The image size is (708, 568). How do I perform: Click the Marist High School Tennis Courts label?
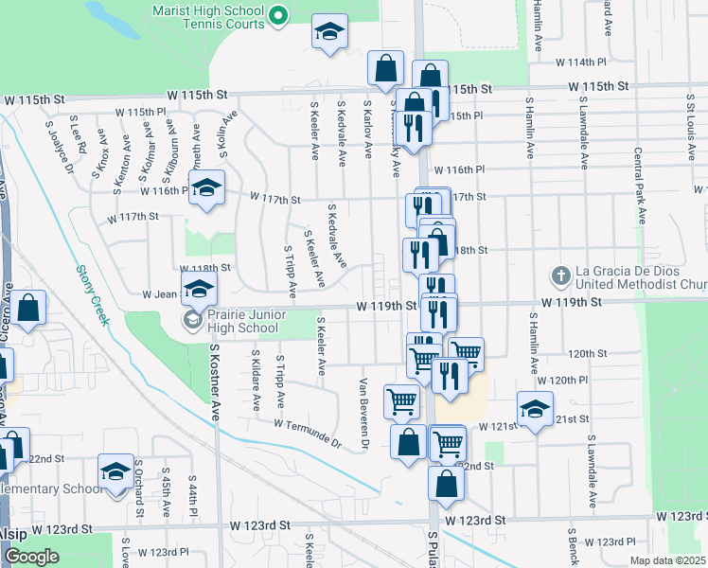tap(208, 13)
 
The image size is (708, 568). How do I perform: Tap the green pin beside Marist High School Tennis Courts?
tap(278, 14)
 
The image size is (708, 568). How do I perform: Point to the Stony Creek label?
tap(93, 293)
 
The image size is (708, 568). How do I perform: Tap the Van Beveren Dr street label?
tap(363, 414)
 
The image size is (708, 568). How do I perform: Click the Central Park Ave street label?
tap(640, 185)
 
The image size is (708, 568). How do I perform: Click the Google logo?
tap(31, 557)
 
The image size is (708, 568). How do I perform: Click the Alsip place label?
tap(13, 533)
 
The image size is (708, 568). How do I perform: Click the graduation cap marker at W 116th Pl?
tap(206, 188)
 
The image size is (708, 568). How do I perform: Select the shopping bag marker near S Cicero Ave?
tap(29, 308)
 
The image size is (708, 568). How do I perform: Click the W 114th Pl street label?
tap(582, 62)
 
